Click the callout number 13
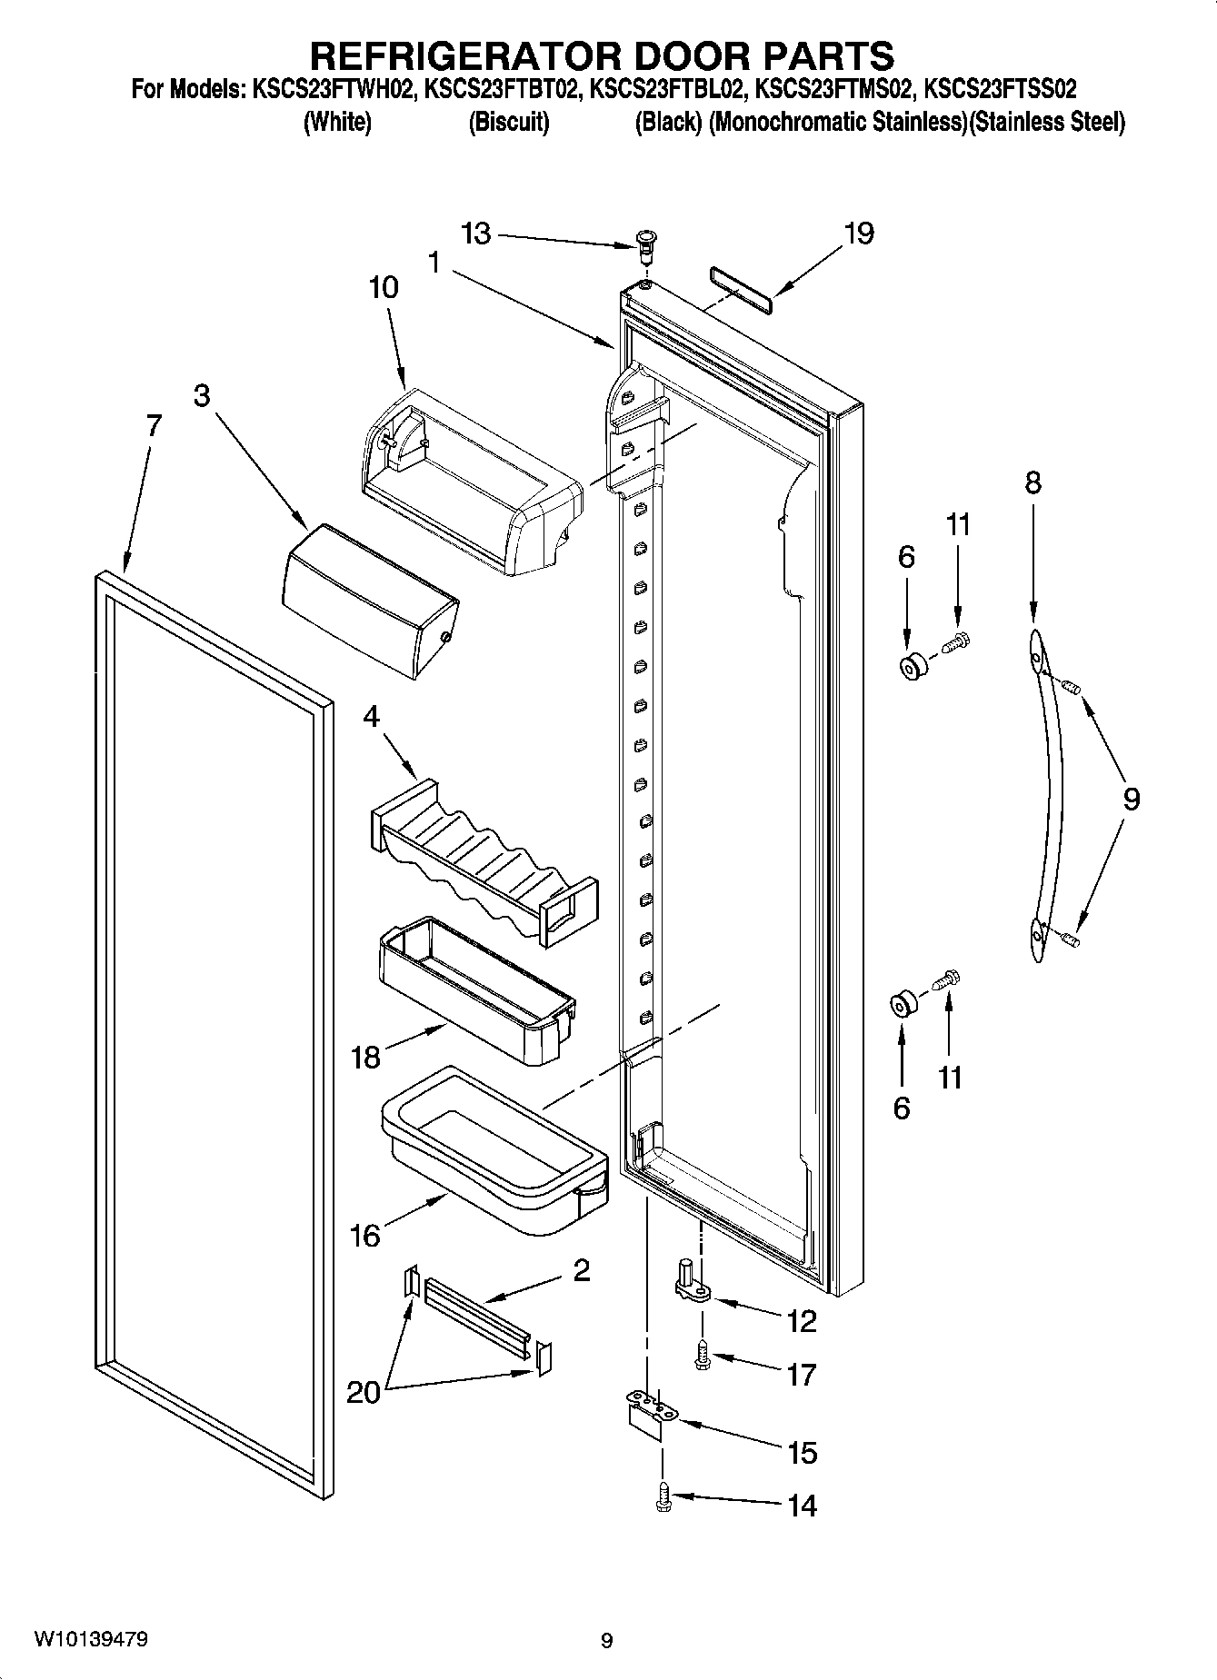[x=474, y=234]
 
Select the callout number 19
[x=857, y=234]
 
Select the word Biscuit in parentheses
[x=508, y=123]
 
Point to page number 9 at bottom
[x=607, y=1641]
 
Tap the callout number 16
[x=364, y=1236]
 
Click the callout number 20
[x=363, y=1392]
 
